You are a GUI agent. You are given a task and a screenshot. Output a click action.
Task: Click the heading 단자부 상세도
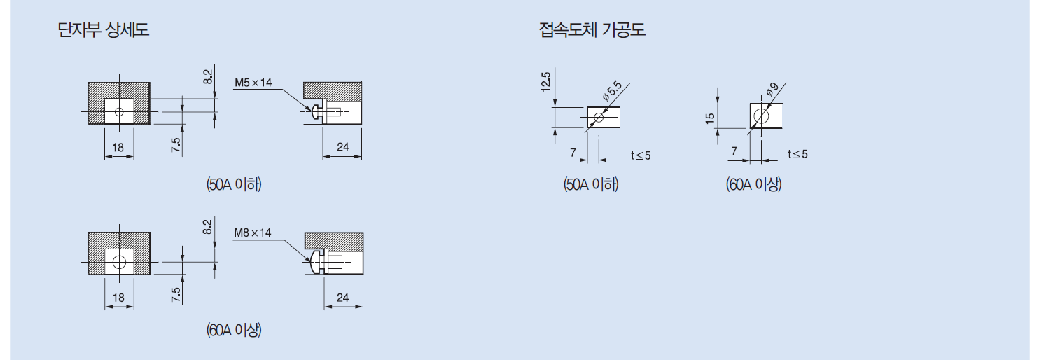[104, 30]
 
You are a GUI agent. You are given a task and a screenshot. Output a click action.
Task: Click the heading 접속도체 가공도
[592, 30]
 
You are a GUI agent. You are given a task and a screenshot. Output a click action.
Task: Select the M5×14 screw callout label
[253, 83]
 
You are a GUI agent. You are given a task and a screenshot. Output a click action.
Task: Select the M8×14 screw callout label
[252, 233]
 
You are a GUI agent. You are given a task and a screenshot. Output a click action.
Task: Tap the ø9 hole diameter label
[772, 89]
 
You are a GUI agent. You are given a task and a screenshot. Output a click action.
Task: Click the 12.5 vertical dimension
[546, 83]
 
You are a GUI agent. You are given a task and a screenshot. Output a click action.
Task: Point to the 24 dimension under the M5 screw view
[342, 147]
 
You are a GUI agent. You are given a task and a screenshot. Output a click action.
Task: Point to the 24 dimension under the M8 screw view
[342, 298]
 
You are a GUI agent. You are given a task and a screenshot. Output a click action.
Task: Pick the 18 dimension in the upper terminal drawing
[118, 147]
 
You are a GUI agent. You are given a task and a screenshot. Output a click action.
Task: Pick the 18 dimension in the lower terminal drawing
[118, 298]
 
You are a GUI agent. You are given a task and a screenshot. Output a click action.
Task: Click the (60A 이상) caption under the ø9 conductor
[753, 185]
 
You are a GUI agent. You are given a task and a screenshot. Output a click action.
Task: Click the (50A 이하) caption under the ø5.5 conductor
[592, 185]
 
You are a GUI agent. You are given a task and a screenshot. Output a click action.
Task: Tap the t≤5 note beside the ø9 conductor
[797, 154]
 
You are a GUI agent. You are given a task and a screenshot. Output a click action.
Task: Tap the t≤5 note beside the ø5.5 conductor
[641, 155]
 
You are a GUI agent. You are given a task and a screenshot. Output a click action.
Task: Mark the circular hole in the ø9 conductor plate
[762, 116]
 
